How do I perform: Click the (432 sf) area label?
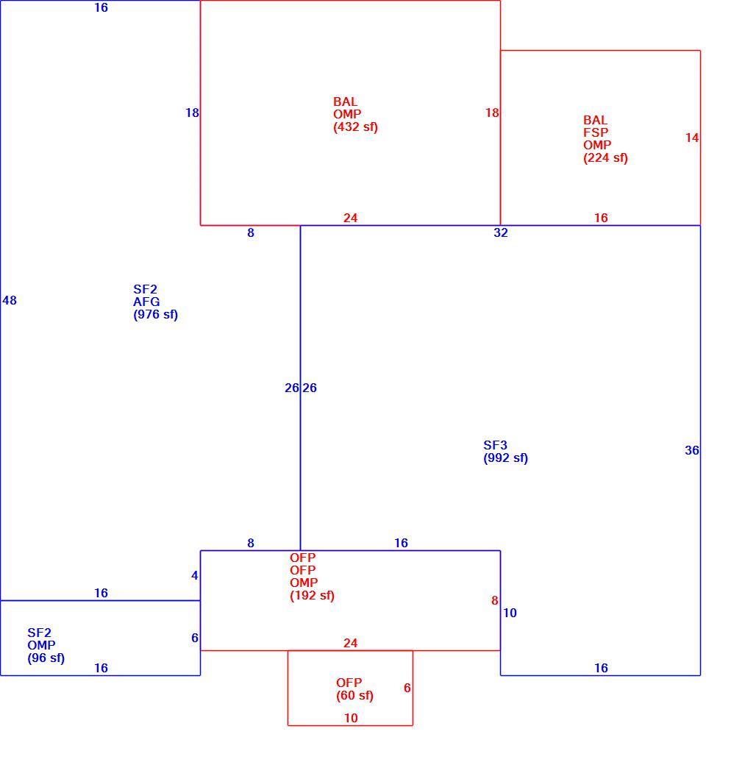coord(355,127)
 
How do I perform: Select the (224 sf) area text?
coord(605,157)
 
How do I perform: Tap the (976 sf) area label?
coord(156,314)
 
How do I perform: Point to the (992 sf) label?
coord(505,458)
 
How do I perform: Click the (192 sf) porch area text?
coord(312,595)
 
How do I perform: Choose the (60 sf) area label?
coord(354,695)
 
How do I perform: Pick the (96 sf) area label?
coord(46,658)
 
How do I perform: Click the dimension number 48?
coord(10,300)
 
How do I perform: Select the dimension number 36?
coord(692,450)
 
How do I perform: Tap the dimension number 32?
coord(501,232)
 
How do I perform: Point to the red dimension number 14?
coord(692,138)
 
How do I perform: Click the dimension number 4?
coord(195,576)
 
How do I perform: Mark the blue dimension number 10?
coord(510,613)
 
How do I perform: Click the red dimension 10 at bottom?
coord(351,718)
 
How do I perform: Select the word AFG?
coord(146,302)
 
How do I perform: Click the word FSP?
coord(596,132)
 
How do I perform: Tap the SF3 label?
coord(495,445)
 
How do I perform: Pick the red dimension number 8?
coord(495,600)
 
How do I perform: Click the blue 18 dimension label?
coord(192,113)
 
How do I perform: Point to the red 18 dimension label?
coord(492,113)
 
